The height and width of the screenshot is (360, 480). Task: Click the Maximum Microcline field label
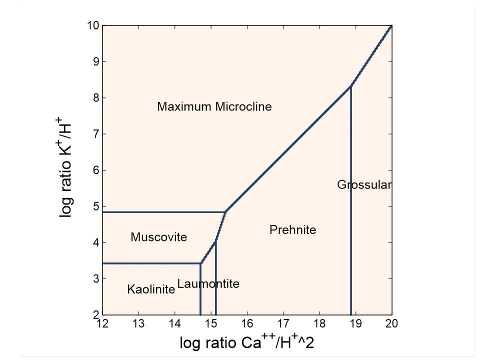(214, 106)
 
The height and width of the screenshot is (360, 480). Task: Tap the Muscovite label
(158, 237)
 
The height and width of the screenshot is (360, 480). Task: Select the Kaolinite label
(151, 289)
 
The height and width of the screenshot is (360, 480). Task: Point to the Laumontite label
(208, 284)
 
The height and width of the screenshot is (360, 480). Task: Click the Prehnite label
(292, 230)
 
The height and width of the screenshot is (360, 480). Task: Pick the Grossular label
(363, 185)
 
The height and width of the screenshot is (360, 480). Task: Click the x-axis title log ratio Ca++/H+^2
(246, 343)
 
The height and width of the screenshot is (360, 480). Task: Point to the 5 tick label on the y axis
(95, 206)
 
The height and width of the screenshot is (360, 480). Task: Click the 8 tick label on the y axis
(95, 98)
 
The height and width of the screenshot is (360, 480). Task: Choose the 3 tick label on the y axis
(95, 279)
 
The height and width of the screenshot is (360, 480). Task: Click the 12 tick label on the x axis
(102, 324)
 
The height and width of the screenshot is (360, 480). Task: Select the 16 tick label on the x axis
(246, 324)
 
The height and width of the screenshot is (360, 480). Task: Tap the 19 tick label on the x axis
(355, 324)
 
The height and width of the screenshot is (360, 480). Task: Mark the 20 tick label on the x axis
(391, 324)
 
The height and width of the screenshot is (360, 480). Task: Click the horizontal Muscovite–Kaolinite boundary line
(150, 263)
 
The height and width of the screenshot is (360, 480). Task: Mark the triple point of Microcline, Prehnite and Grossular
(351, 86)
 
